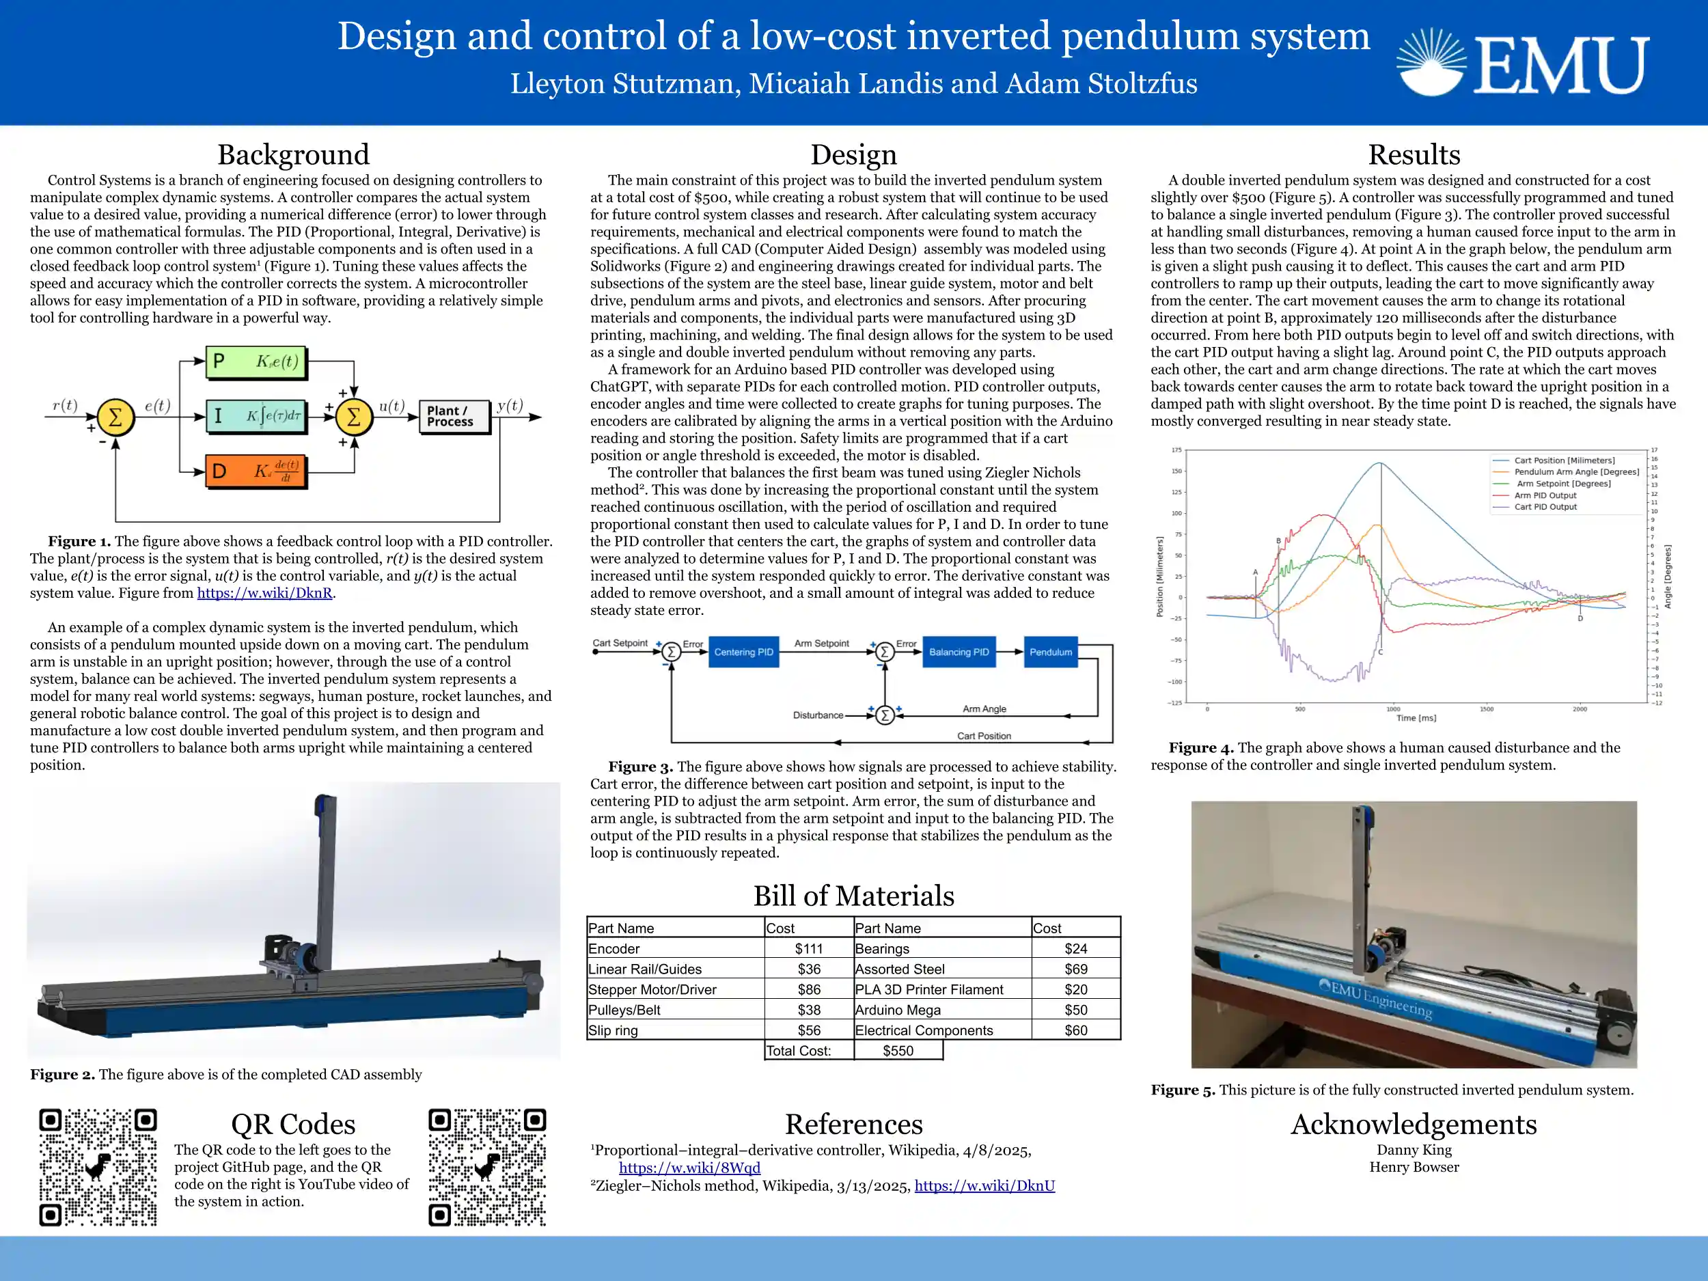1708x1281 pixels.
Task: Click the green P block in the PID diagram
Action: tap(256, 361)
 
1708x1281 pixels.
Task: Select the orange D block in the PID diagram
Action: tap(256, 470)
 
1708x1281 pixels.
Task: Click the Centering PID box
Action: tap(743, 652)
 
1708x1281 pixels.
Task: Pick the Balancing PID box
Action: tap(959, 652)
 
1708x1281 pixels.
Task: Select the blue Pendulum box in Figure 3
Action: tap(1050, 652)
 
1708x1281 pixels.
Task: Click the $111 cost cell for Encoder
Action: tap(808, 948)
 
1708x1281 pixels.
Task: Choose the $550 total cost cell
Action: tap(898, 1051)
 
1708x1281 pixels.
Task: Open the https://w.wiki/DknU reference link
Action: tap(984, 1185)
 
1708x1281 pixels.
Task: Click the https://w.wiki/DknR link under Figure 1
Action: tap(265, 593)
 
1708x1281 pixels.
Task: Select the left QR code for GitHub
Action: tap(98, 1167)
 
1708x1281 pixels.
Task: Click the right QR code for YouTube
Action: tap(487, 1167)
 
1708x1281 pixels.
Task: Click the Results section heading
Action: tap(1414, 154)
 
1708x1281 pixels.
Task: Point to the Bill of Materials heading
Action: tap(853, 896)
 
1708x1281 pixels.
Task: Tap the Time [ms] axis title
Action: tap(1416, 718)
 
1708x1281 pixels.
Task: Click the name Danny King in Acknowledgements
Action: tap(1414, 1150)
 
